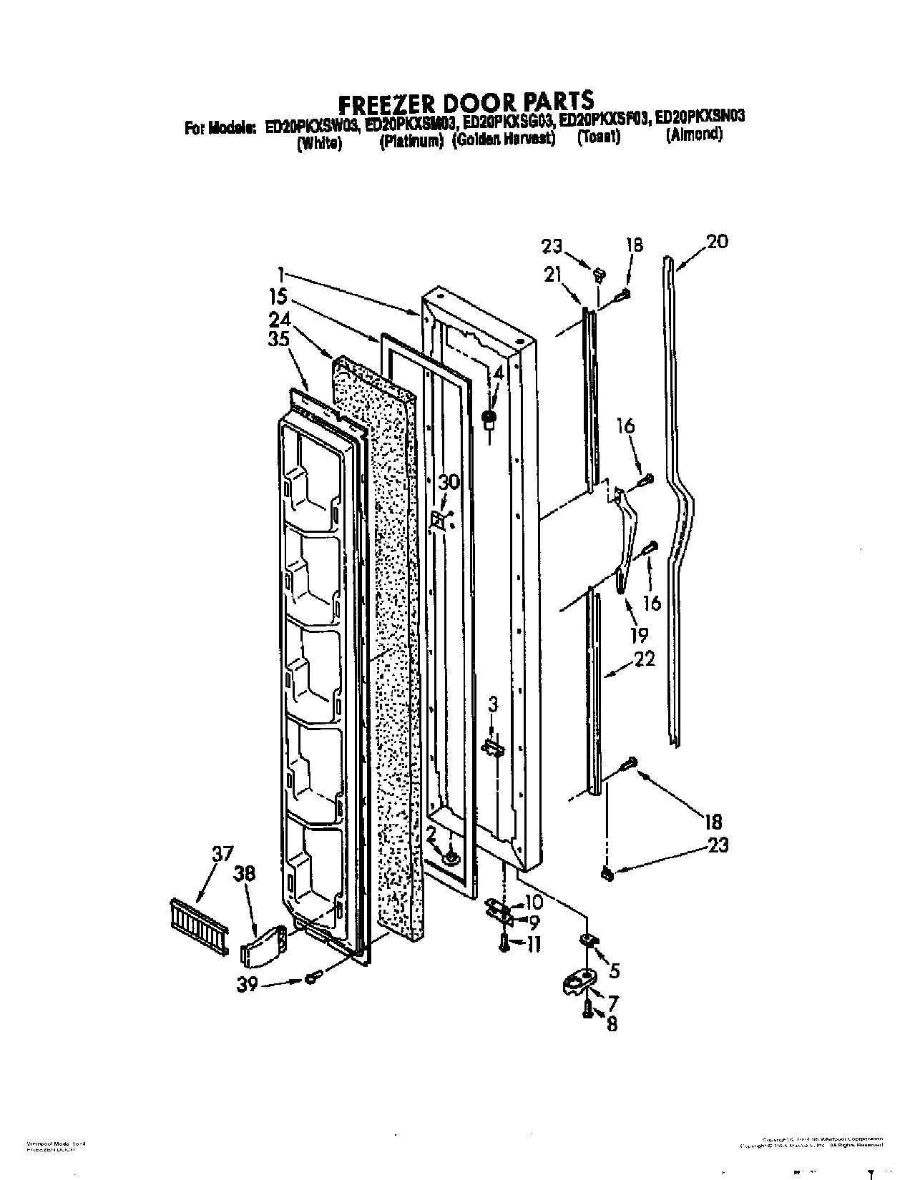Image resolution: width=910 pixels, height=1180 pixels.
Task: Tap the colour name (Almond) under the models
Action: pos(693,134)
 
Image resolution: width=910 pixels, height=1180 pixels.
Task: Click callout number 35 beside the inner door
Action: pos(279,339)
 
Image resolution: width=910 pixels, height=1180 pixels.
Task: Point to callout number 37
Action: pos(222,854)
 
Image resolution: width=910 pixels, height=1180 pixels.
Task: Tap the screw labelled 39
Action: pos(311,977)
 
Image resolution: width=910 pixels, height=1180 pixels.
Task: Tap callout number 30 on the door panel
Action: pos(449,482)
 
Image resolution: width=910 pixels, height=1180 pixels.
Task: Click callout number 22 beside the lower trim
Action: pos(644,659)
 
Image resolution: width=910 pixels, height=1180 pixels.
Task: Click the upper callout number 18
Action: pos(633,245)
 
